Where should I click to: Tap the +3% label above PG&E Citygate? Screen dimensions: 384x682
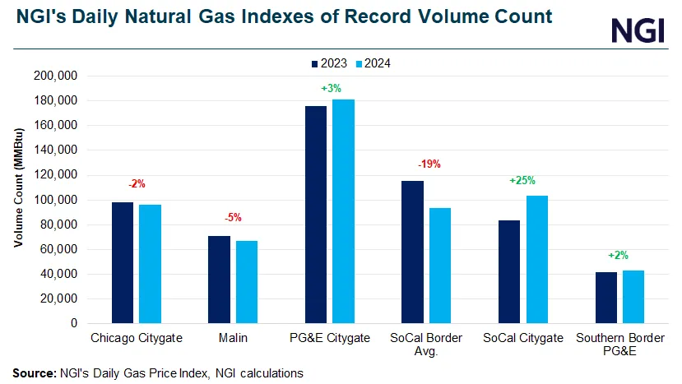pyautogui.click(x=332, y=88)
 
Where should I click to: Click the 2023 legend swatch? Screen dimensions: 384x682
pyautogui.click(x=315, y=62)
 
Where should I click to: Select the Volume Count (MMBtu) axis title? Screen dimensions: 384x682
pyautogui.click(x=17, y=200)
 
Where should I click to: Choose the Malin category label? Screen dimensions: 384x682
pyautogui.click(x=234, y=338)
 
